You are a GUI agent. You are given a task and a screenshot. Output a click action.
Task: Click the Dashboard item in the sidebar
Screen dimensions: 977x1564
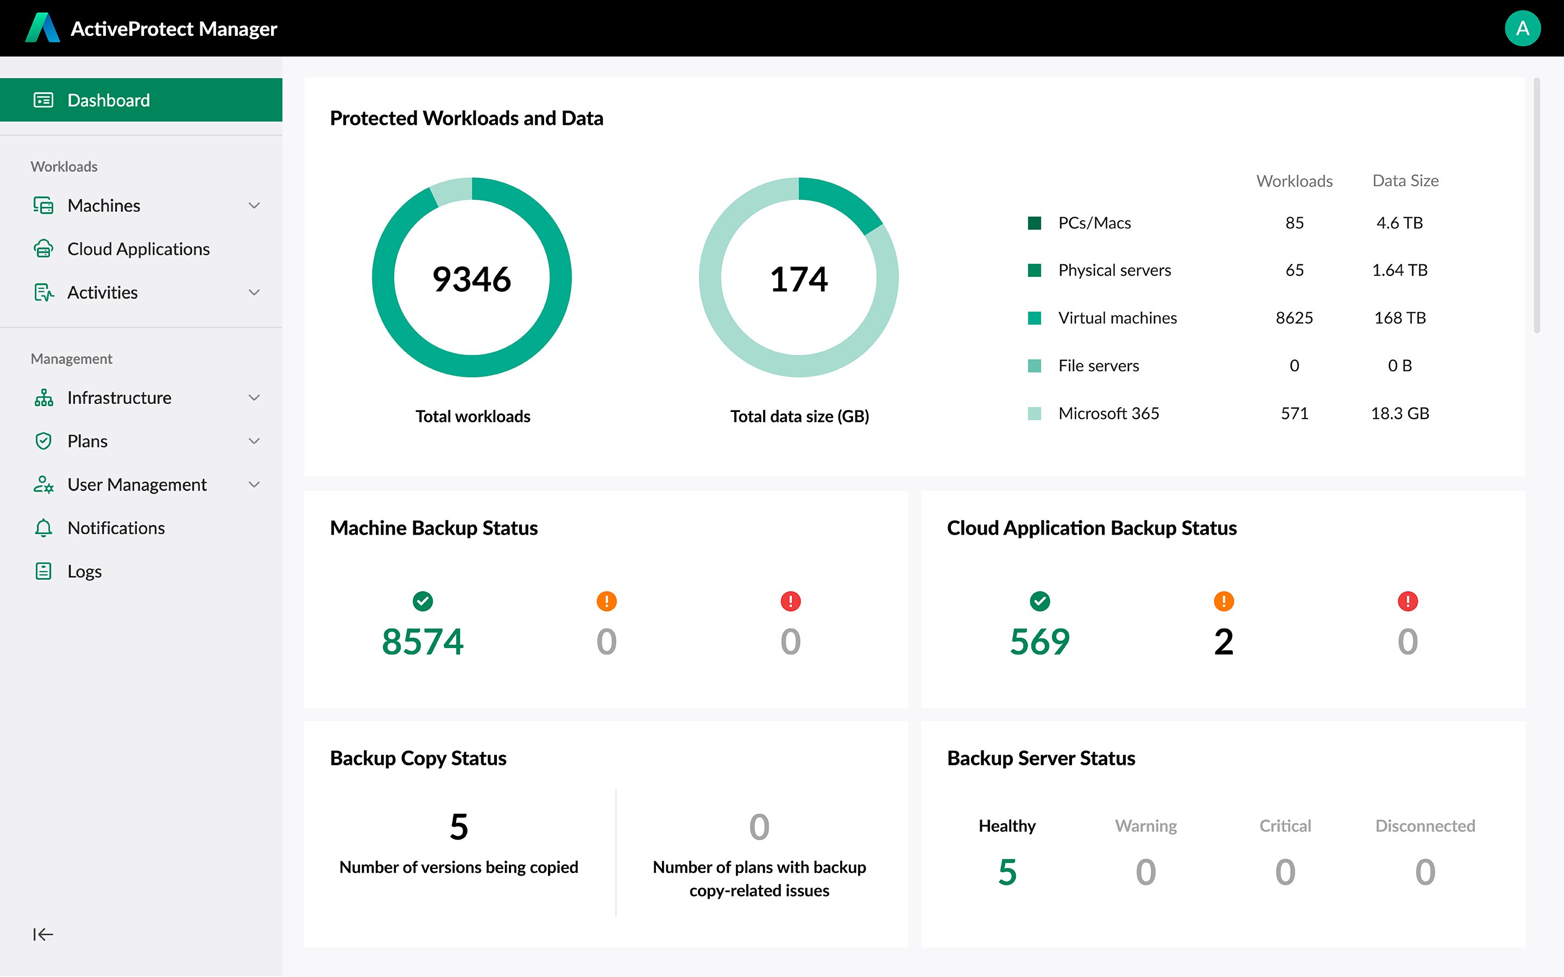[x=109, y=100]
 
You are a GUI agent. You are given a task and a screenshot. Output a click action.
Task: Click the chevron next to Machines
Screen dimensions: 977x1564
[x=254, y=206]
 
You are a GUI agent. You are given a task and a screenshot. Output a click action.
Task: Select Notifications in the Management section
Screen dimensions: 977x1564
[x=116, y=528]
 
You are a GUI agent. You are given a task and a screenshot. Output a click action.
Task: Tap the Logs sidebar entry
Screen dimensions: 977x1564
[x=84, y=571]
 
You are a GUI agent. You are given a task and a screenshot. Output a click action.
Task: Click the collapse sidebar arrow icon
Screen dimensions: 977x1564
[x=43, y=934]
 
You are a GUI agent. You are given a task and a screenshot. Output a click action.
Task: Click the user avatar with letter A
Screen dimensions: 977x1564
[x=1522, y=28]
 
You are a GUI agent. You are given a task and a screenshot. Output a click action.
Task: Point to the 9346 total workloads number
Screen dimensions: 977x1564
[x=472, y=279]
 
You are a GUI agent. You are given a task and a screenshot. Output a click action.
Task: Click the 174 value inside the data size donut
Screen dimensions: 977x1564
[x=798, y=279]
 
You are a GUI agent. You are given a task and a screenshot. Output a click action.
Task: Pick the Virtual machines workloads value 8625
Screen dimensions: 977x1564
[x=1294, y=318]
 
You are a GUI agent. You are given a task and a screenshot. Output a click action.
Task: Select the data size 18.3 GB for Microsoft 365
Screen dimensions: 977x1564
[x=1400, y=414]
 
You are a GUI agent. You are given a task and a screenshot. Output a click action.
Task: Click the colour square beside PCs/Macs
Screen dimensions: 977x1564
[x=1034, y=223]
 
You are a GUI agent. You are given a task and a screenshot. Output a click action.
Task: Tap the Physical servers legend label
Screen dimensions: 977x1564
[x=1114, y=270]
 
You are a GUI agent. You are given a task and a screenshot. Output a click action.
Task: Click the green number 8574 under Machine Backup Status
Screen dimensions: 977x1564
[x=422, y=642]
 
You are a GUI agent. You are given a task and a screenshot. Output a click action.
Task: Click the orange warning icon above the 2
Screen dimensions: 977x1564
[x=1224, y=601]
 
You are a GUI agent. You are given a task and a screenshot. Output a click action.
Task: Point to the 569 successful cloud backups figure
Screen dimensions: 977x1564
[x=1039, y=642]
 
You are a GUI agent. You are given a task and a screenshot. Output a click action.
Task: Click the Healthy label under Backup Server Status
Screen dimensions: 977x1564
[x=1007, y=826]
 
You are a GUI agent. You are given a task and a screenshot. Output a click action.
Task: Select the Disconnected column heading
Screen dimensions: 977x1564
[x=1424, y=826]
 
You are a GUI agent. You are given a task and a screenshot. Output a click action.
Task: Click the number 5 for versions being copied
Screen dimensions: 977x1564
[x=459, y=827]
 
